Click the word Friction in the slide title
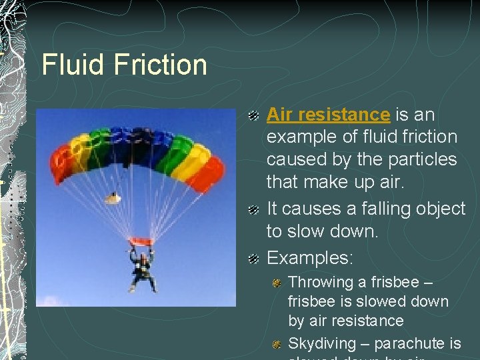pyautogui.click(x=161, y=65)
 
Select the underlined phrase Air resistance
pyautogui.click(x=328, y=115)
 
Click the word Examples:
pyautogui.click(x=310, y=257)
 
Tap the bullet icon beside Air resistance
pyautogui.click(x=253, y=116)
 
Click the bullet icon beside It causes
pyautogui.click(x=253, y=210)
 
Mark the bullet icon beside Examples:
pyautogui.click(x=253, y=259)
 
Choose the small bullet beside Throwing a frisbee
pyautogui.click(x=277, y=283)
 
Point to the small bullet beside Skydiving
pyautogui.click(x=277, y=345)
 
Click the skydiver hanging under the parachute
pyautogui.click(x=142, y=269)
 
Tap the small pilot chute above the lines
pyautogui.click(x=113, y=197)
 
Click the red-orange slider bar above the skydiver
pyautogui.click(x=141, y=241)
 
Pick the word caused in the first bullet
pyautogui.click(x=295, y=159)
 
